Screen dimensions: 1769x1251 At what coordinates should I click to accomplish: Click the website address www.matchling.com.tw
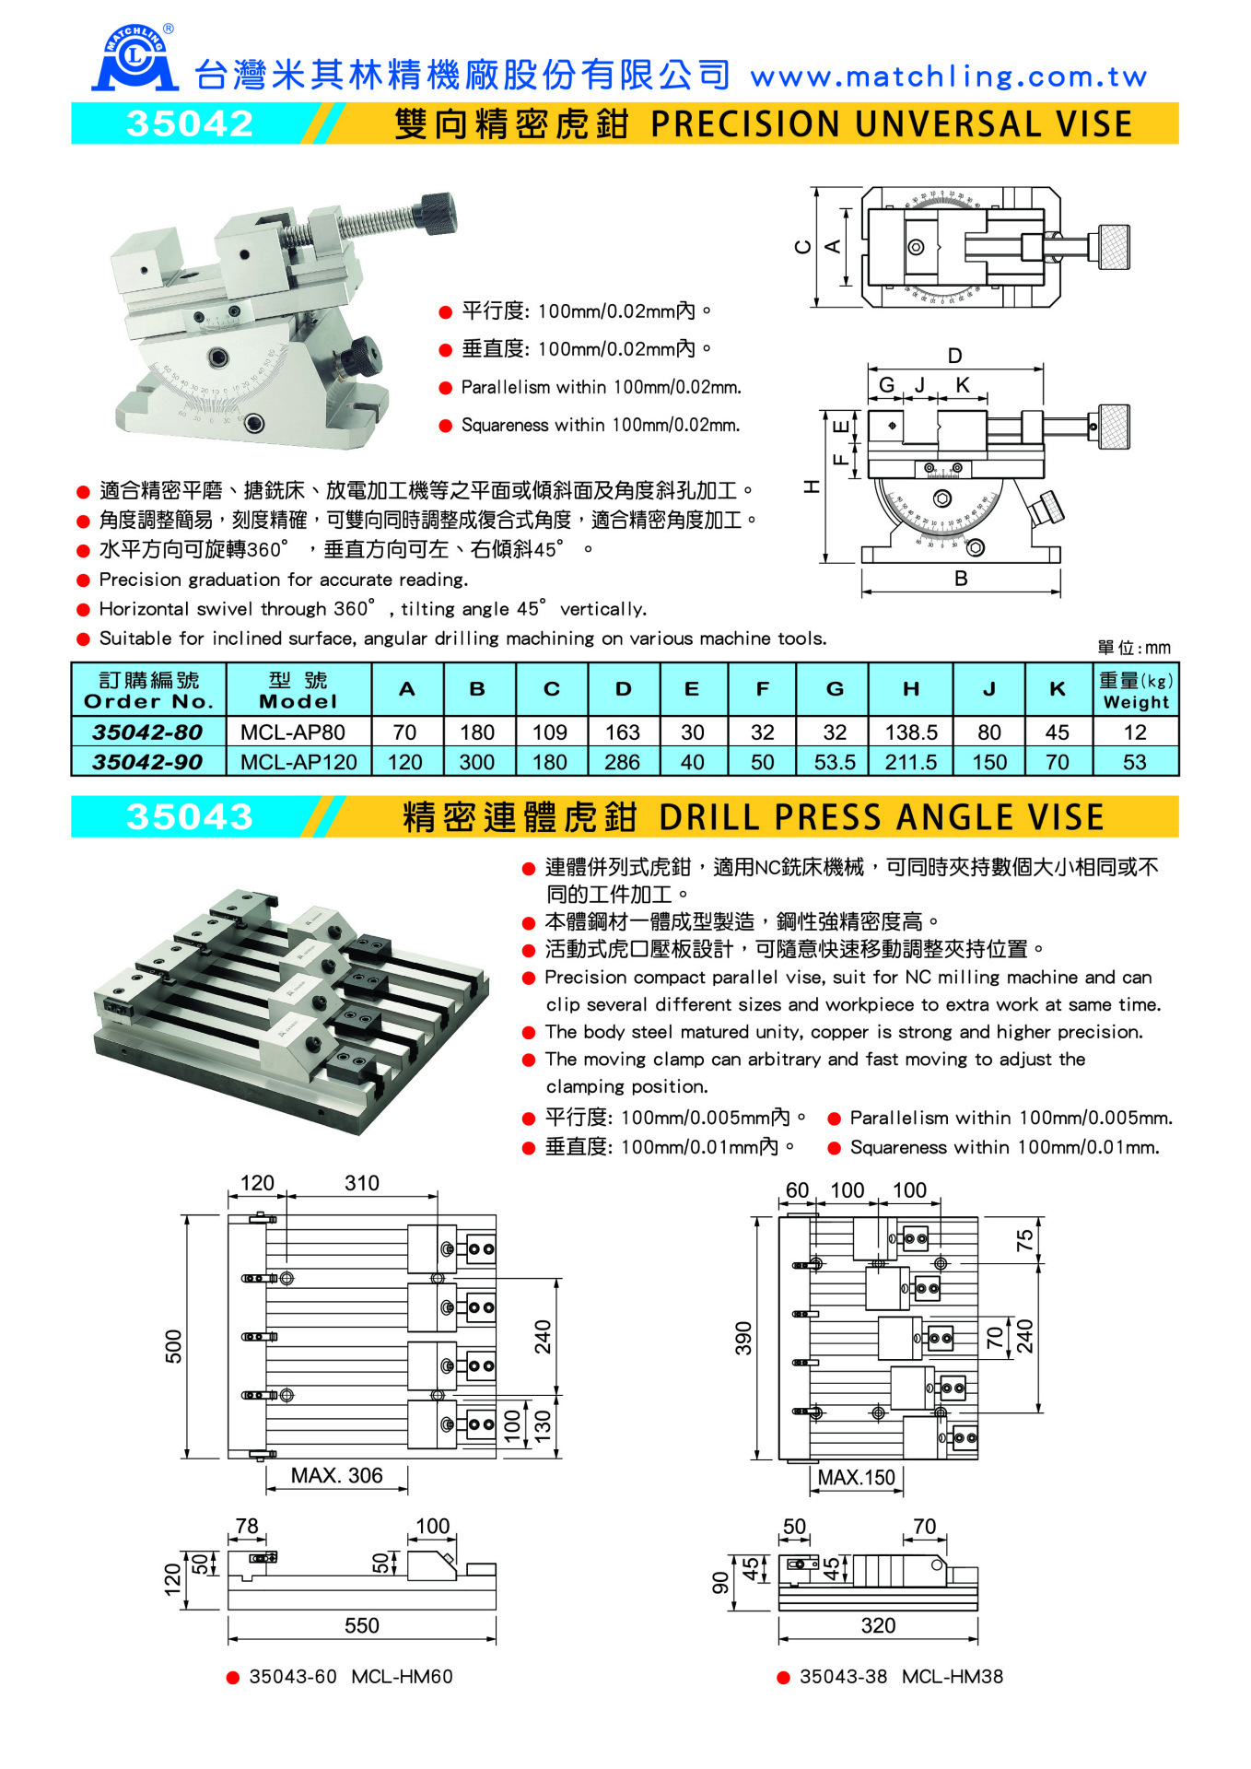948,77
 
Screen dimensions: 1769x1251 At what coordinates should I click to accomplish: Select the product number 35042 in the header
190,124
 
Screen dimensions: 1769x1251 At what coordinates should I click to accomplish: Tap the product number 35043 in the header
190,817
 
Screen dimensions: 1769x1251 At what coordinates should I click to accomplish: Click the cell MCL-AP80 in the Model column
293,732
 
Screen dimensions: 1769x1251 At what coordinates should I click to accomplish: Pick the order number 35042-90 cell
147,762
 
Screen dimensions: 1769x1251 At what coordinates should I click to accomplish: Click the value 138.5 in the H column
910,732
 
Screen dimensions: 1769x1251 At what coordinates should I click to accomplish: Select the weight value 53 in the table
1134,762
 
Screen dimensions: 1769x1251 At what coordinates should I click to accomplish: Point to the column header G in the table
835,689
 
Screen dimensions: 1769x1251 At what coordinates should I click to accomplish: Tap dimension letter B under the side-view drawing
961,579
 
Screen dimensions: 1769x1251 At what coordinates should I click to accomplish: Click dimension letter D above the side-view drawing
954,356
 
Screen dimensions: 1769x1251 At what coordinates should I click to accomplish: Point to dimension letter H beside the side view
812,486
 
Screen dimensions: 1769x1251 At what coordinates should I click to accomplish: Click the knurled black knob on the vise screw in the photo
438,214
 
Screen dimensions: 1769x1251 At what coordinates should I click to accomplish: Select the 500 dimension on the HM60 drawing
174,1346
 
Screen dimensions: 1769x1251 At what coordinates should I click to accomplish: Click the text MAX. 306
336,1475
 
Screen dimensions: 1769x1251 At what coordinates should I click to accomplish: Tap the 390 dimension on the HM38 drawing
743,1338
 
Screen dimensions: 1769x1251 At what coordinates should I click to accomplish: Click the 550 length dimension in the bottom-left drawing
361,1625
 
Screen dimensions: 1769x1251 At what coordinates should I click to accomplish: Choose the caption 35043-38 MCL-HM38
900,1677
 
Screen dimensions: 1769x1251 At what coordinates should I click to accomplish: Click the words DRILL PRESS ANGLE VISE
882,817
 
